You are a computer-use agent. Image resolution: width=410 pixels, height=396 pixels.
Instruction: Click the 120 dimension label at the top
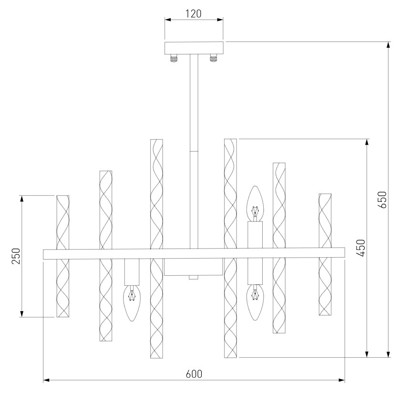193,13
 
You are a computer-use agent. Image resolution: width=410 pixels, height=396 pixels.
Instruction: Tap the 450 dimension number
360,248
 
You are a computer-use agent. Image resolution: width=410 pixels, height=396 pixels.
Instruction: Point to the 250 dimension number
16,256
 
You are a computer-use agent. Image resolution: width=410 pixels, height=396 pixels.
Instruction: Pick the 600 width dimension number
194,374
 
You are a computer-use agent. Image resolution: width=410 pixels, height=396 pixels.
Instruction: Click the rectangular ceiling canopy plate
194,48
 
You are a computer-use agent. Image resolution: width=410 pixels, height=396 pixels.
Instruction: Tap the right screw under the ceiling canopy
213,59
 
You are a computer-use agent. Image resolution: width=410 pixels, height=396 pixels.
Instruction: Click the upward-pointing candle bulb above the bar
255,202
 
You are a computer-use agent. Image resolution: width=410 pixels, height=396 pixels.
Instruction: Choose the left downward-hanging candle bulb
132,302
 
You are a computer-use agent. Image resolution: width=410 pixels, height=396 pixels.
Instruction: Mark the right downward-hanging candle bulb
255,302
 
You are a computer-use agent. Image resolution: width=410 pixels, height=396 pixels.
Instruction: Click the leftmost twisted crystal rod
63,256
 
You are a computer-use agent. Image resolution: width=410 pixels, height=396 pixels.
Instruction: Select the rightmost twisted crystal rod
325,254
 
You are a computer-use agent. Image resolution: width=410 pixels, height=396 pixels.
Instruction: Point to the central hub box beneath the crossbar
194,268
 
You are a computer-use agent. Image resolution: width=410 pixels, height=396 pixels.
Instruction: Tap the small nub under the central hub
193,278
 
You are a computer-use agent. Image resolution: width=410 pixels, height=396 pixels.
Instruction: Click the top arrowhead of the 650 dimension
389,45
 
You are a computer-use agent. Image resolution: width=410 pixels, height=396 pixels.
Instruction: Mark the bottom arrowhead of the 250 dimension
22,313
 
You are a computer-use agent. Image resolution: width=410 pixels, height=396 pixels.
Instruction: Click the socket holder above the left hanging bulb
132,271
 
